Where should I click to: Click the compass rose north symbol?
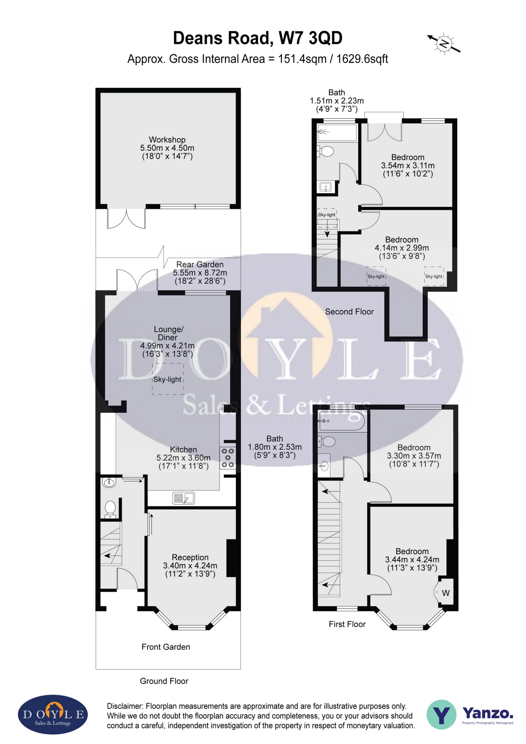coord(444,43)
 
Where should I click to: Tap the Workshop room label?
coord(167,140)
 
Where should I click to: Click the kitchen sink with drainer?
coord(183,498)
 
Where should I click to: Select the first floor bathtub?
coord(342,421)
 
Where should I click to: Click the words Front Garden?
coord(166,647)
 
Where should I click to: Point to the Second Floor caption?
coord(349,312)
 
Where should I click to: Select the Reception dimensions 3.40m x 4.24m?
coord(190,566)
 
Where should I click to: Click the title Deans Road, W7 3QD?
coord(258,38)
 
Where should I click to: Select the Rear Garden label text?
coord(200,264)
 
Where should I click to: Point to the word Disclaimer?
coord(125,706)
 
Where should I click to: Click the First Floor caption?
coord(347,624)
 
